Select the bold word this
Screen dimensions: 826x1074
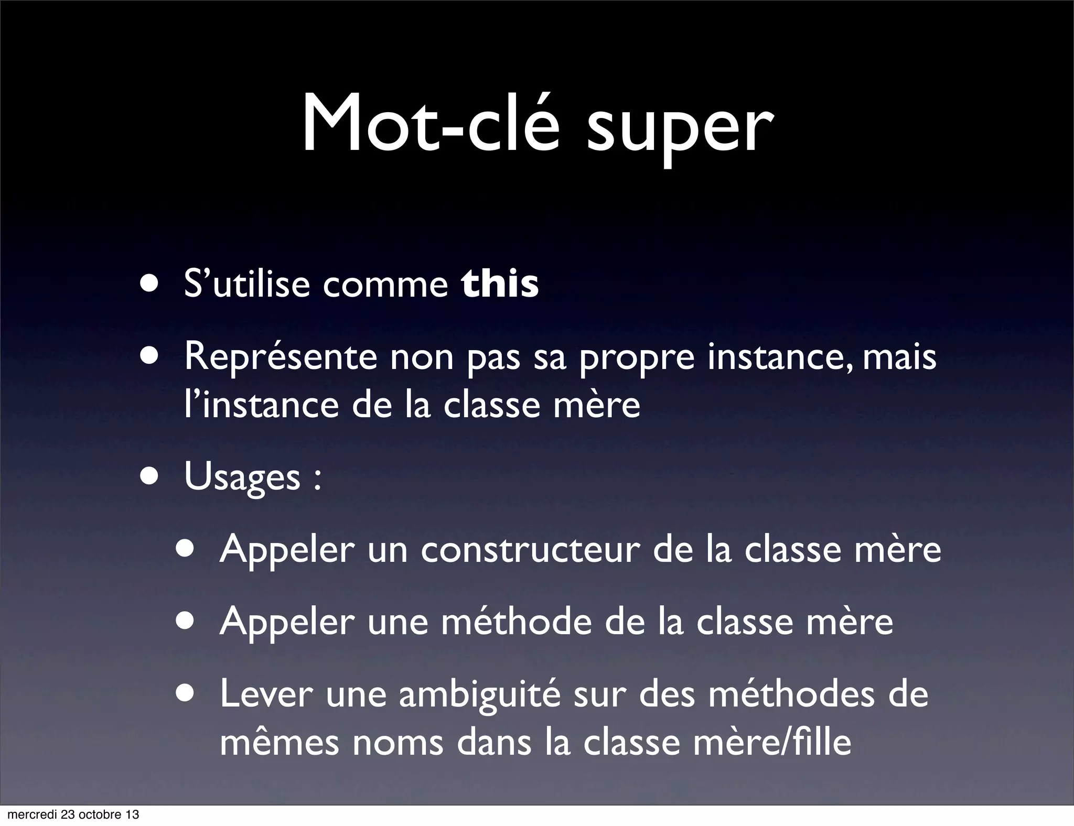500,284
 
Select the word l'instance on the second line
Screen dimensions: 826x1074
261,405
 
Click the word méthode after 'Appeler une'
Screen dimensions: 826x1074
516,622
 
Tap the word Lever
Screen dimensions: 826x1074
266,693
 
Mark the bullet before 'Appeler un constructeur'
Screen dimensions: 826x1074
187,550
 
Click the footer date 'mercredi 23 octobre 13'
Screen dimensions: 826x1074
73,814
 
